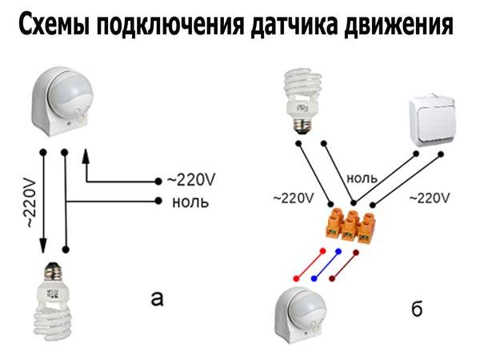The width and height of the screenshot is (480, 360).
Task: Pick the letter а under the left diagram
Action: pos(157,300)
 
